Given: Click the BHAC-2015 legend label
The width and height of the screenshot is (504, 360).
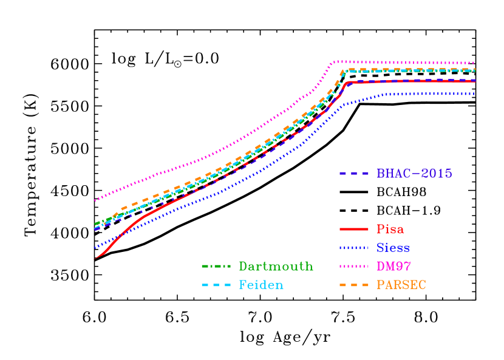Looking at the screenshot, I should point(414,174).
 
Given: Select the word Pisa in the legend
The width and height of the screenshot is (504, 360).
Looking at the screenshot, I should point(390,229).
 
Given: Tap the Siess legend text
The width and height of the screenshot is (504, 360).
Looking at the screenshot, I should point(393,248).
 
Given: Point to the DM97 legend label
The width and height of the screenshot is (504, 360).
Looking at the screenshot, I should point(393,266).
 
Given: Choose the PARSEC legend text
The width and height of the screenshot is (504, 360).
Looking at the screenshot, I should point(401,285).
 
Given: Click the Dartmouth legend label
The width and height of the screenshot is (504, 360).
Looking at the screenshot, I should point(276,267).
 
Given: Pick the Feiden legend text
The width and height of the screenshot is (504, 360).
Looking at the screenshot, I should point(261,285).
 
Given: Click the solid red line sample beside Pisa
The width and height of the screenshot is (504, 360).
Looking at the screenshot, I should point(354,229).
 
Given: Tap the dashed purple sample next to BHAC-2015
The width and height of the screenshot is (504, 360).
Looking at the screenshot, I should point(354,174).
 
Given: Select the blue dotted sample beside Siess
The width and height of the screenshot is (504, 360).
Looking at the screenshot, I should point(354,248).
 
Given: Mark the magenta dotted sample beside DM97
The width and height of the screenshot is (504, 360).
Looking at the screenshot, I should point(354,266).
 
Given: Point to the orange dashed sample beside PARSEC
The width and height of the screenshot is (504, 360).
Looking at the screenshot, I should point(354,285).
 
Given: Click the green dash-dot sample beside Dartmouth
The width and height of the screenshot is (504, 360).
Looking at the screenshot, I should point(216,267).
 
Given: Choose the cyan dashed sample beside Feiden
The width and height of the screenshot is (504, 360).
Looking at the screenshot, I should point(216,285).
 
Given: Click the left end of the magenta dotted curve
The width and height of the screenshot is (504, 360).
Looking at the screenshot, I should point(95,200).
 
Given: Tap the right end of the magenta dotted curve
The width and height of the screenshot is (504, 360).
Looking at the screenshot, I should point(474,63).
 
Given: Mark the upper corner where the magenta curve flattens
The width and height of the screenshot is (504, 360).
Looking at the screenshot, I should point(333,61).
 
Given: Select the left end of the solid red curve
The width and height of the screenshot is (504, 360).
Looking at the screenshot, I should point(95,259).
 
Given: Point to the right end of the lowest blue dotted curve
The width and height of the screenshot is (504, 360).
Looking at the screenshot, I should point(474,94).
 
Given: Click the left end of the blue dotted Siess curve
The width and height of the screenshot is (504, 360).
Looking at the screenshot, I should point(95,248).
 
